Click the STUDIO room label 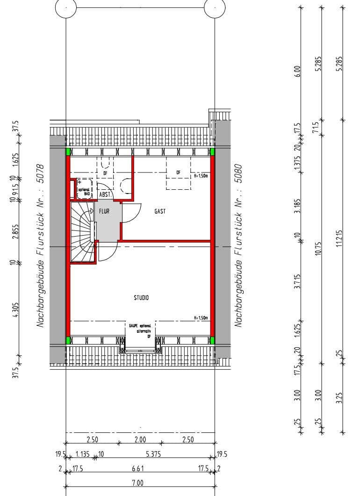point(141,297)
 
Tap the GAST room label point(160,211)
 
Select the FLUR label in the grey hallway point(104,211)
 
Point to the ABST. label point(104,194)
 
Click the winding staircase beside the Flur point(83,231)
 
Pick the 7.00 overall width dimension point(137,483)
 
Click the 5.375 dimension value point(153,454)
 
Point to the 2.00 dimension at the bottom point(140,439)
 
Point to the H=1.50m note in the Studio point(201,318)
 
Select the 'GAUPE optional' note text point(139,325)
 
